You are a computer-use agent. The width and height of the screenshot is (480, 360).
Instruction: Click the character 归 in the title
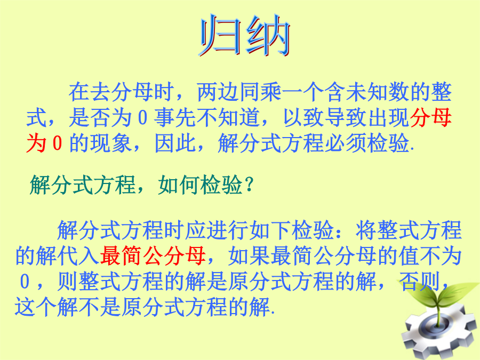pyautogui.click(x=220, y=35)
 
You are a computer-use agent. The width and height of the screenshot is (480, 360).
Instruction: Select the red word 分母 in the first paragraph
pyautogui.click(x=431, y=117)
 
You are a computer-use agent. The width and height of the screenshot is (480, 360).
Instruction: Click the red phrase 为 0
pyautogui.click(x=44, y=143)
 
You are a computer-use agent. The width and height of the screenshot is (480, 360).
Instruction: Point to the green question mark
pyautogui.click(x=250, y=185)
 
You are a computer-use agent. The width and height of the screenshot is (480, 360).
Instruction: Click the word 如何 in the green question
pyautogui.click(x=179, y=185)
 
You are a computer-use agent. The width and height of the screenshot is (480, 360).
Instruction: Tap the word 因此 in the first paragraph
pyautogui.click(x=175, y=143)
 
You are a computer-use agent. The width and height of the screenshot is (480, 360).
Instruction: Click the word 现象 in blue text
pyautogui.click(x=111, y=143)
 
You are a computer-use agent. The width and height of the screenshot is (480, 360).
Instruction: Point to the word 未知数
pyautogui.click(x=378, y=92)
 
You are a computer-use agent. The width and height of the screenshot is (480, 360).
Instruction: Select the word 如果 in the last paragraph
pyautogui.click(x=249, y=256)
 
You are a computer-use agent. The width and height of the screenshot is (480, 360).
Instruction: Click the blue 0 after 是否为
pyautogui.click(x=142, y=117)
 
